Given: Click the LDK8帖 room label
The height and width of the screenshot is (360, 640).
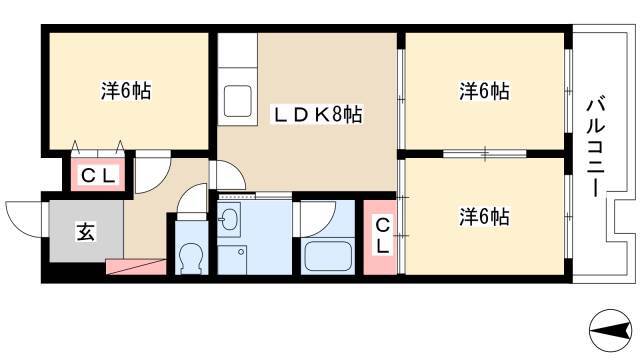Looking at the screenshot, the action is point(318,115).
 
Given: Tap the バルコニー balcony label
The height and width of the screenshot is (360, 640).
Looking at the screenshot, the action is point(596,147).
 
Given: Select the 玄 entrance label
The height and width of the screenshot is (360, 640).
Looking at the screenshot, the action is point(86,232).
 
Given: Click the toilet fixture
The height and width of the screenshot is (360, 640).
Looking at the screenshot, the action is point(191,258).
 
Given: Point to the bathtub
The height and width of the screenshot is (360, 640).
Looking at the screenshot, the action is point(328,257).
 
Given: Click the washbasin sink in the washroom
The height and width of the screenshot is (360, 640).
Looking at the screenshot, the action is point(229,220).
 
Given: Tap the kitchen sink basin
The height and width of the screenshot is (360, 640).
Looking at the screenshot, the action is point(238,101).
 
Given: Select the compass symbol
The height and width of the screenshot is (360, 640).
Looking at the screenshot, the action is point(611,330).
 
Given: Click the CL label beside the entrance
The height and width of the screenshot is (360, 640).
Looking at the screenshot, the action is point(98,176).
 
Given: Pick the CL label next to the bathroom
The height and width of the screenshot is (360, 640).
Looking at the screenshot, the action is point(382,236).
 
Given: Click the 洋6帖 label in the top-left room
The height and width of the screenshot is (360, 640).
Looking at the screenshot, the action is point(126,91).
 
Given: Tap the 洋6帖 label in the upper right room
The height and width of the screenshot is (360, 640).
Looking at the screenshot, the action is point(484,91).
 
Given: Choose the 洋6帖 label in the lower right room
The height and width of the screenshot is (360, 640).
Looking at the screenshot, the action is point(484,217).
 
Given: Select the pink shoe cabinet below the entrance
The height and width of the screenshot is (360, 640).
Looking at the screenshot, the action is point(136,267).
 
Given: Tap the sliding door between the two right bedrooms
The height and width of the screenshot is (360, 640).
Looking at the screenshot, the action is point(485,154).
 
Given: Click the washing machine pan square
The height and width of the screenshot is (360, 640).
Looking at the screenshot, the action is point(232,260).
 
